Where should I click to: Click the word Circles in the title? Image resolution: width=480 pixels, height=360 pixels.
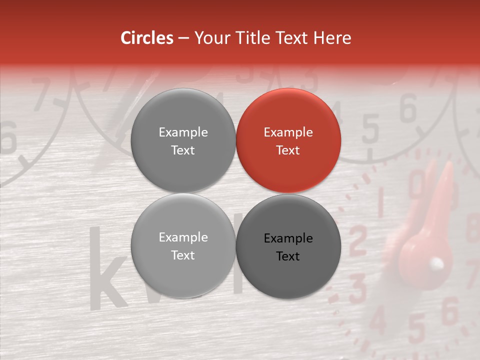147,38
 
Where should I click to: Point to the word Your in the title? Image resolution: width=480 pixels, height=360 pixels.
209,38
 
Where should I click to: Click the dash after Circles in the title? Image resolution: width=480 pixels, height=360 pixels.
183,38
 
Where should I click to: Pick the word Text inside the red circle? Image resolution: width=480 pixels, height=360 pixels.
288,150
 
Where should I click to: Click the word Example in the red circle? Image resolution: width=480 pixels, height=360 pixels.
288,132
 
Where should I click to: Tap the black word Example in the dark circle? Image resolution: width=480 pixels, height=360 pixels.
288,238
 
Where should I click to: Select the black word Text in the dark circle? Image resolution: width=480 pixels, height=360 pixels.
288,256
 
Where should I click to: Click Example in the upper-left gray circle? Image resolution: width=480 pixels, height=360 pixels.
183,132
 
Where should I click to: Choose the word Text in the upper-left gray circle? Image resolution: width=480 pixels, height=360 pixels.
183,150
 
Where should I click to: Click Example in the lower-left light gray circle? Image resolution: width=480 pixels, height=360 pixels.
183,237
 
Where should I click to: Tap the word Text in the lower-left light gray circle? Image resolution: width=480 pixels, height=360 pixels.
183,255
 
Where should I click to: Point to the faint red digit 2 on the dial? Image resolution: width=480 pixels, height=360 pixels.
358,240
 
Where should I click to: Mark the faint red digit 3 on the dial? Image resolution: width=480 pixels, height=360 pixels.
358,286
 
